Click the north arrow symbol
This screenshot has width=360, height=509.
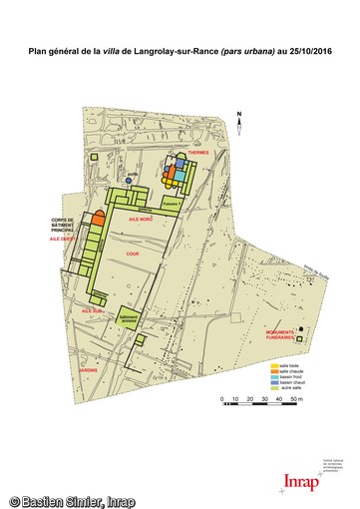tap(240, 119)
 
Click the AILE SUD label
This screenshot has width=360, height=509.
tap(93, 310)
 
